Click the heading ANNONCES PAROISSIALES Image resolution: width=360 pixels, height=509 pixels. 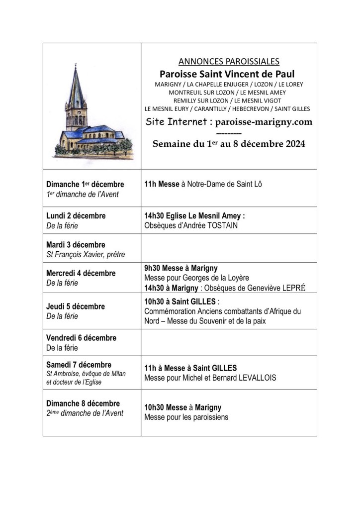point(229,62)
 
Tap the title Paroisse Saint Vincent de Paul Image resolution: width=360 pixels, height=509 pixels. point(229,74)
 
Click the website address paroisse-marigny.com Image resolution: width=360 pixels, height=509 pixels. point(264,122)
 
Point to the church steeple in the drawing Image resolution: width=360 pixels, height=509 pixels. point(76,90)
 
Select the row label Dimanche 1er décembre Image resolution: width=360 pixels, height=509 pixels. point(85,185)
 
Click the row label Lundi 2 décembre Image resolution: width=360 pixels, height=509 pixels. point(76,216)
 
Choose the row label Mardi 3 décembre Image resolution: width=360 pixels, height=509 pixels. point(76,245)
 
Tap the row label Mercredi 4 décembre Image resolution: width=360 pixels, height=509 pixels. point(81,273)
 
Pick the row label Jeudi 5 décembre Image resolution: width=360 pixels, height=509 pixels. point(76,306)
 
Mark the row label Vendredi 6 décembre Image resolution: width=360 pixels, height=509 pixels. point(81,338)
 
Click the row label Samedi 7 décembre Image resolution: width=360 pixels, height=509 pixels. point(79,365)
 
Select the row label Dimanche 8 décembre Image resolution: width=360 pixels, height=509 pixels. point(83,403)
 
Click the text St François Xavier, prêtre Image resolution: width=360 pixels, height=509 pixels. point(86,255)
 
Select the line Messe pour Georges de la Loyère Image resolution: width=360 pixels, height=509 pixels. point(196,278)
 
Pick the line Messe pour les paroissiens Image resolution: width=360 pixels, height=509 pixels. point(186,417)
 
